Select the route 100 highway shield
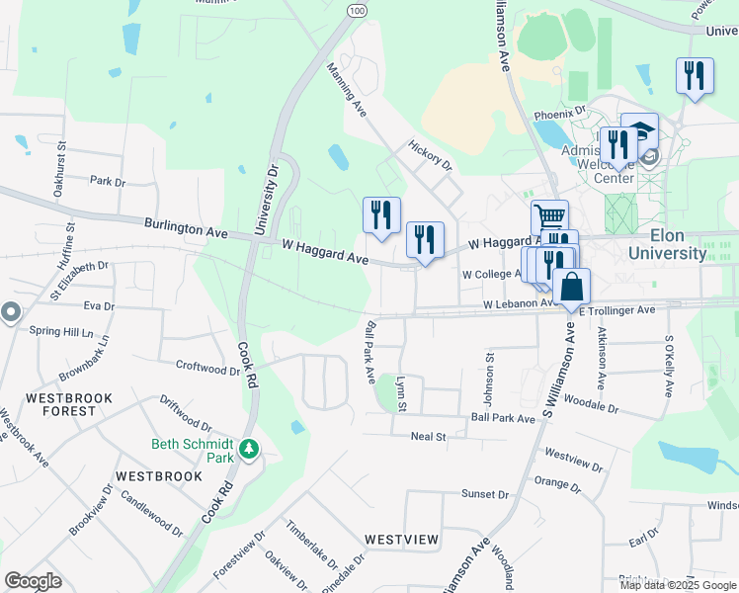pyautogui.click(x=357, y=9)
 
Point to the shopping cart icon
pyautogui.click(x=549, y=216)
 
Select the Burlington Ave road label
pyautogui.click(x=186, y=229)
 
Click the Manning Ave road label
pyautogui.click(x=347, y=90)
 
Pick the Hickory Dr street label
pyautogui.click(x=429, y=153)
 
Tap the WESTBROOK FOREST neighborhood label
pyautogui.click(x=69, y=405)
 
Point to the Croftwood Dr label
pyautogui.click(x=208, y=369)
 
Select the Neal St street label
pyautogui.click(x=429, y=436)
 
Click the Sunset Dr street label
pyautogui.click(x=484, y=493)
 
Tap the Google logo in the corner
pyautogui.click(x=33, y=580)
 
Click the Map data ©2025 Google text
pyautogui.click(x=677, y=585)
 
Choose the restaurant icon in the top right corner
pyautogui.click(x=695, y=75)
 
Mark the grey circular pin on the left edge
pyautogui.click(x=11, y=312)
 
